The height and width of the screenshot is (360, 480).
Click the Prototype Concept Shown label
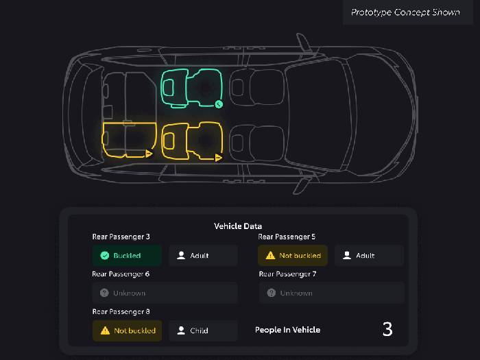pyautogui.click(x=405, y=12)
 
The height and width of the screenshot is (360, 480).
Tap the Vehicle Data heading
pyautogui.click(x=238, y=226)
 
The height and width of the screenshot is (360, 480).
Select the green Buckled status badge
pyautogui.click(x=127, y=255)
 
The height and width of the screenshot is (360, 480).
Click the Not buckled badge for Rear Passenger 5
pyautogui.click(x=293, y=255)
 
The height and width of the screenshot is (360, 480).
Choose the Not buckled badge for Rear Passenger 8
pyautogui.click(x=127, y=331)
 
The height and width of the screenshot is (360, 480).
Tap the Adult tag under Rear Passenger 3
pyautogui.click(x=203, y=255)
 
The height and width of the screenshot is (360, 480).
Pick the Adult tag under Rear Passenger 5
pyautogui.click(x=369, y=255)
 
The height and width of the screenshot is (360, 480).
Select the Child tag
pyautogui.click(x=203, y=331)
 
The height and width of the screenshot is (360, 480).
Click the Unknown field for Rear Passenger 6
pyautogui.click(x=165, y=293)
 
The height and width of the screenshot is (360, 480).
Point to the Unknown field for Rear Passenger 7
pyautogui.click(x=331, y=293)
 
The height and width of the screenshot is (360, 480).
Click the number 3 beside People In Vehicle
pyautogui.click(x=387, y=329)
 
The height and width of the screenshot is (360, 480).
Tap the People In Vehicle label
pyautogui.click(x=287, y=330)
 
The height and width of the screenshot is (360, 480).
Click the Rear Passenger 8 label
pyautogui.click(x=121, y=311)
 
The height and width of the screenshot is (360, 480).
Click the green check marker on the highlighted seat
pyautogui.click(x=219, y=104)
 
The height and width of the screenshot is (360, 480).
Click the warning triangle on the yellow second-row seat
pyautogui.click(x=218, y=158)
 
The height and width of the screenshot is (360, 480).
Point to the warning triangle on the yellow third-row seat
pyautogui.click(x=149, y=154)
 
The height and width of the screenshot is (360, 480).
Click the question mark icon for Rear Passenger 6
pyautogui.click(x=104, y=293)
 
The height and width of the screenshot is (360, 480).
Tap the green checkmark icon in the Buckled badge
pyautogui.click(x=105, y=255)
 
